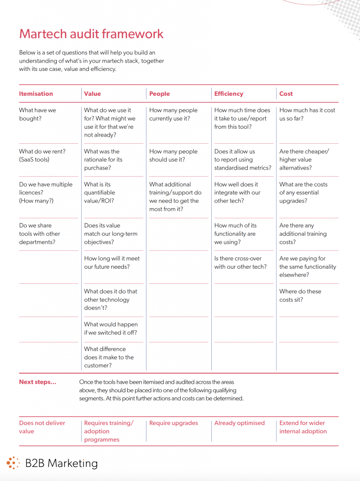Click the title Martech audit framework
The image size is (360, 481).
92,34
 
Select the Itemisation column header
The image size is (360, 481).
36,93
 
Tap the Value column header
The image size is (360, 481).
92,93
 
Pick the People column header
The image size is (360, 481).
160,93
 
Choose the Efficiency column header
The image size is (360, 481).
229,93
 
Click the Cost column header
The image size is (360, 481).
286,93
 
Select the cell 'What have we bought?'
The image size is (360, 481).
38,114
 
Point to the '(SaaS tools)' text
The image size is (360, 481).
34,160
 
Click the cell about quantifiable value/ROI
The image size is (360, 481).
100,192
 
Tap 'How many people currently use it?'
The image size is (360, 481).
173,114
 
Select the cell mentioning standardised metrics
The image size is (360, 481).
243,160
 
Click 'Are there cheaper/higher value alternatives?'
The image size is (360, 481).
304,160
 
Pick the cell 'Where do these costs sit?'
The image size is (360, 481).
300,295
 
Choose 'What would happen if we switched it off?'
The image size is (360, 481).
111,328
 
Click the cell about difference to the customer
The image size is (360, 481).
109,357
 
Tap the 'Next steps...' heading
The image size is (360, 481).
38,382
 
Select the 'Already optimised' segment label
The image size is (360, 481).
239,423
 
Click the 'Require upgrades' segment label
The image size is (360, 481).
174,423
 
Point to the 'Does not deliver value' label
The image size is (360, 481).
42,427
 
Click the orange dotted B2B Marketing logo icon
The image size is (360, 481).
13,463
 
